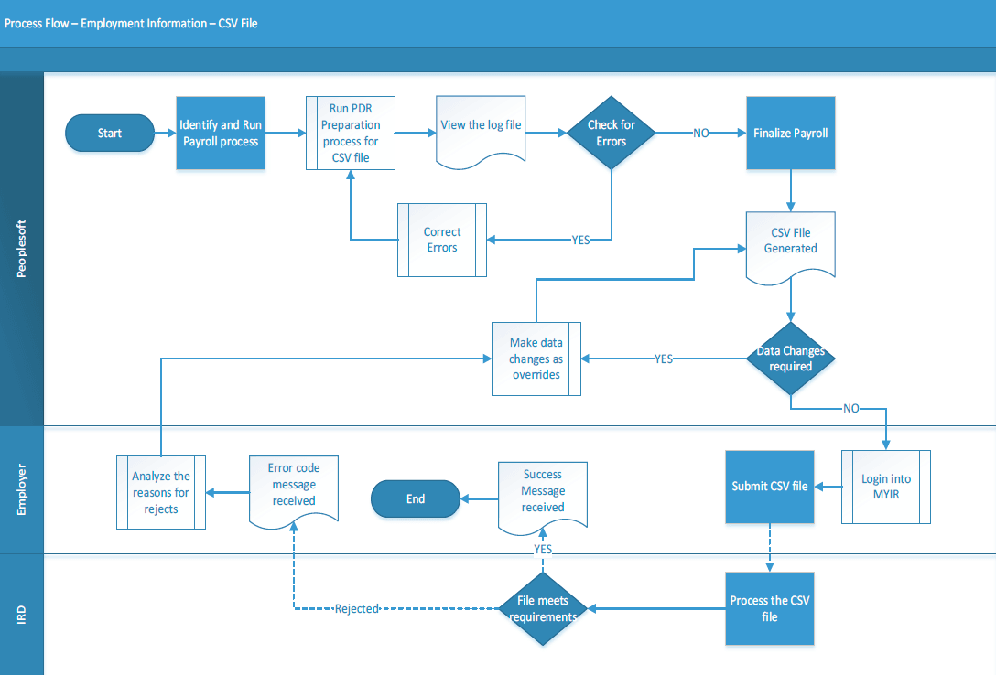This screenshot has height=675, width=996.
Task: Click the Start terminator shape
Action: [x=110, y=134]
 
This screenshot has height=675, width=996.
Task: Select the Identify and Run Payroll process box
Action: [x=221, y=134]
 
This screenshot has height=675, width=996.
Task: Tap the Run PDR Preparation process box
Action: [x=350, y=134]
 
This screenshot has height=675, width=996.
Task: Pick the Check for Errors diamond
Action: [x=611, y=134]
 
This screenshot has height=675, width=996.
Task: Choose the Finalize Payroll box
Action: [x=791, y=134]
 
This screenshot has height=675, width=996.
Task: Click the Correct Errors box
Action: [x=441, y=240]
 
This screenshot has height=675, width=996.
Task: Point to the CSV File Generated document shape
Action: [x=791, y=243]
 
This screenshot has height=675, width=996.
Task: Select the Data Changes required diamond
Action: [x=791, y=359]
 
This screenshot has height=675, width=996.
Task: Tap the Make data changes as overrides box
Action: [x=536, y=359]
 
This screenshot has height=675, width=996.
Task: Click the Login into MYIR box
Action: [x=886, y=487]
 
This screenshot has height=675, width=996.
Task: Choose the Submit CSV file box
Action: [x=770, y=487]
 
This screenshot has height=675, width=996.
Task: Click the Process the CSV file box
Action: [x=770, y=609]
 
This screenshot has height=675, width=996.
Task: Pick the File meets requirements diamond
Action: [x=543, y=609]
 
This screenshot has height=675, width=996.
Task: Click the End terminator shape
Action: [x=416, y=499]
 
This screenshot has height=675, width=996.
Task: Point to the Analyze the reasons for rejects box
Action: [x=161, y=492]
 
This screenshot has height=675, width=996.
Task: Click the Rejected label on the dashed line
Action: [x=356, y=609]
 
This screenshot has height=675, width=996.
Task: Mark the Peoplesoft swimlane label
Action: [x=22, y=249]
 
